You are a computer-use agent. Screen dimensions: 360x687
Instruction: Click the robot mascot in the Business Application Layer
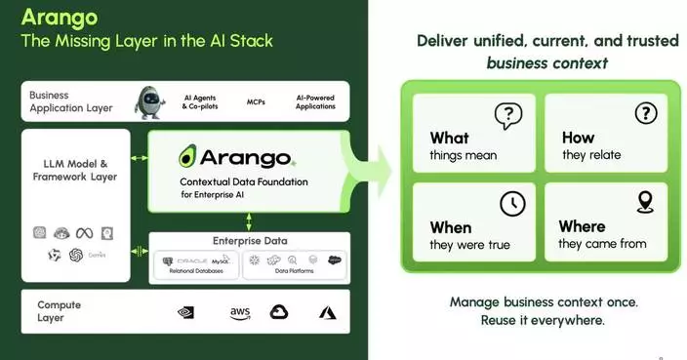pyautogui.click(x=148, y=100)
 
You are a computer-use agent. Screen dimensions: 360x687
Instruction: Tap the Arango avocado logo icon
pyautogui.click(x=189, y=156)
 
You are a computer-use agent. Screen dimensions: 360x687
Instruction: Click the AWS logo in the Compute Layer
pyautogui.click(x=240, y=312)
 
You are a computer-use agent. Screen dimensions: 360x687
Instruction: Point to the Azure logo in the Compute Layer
pyautogui.click(x=327, y=312)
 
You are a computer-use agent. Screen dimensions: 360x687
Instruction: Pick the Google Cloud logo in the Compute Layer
pyautogui.click(x=280, y=312)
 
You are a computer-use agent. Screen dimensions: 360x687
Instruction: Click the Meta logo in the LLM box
pyautogui.click(x=85, y=232)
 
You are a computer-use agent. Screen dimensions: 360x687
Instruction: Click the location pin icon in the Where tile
pyautogui.click(x=644, y=202)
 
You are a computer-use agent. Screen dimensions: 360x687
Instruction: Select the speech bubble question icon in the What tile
pyautogui.click(x=508, y=115)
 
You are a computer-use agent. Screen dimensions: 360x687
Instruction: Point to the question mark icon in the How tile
pyautogui.click(x=645, y=114)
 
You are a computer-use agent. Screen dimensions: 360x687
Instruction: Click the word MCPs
pyautogui.click(x=256, y=101)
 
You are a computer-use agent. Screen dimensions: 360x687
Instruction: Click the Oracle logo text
pyautogui.click(x=193, y=261)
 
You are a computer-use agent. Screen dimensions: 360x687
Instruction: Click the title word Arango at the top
pyautogui.click(x=60, y=17)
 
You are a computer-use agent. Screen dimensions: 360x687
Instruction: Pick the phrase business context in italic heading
pyautogui.click(x=546, y=63)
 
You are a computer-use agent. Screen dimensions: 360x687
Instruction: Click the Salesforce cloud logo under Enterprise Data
pyautogui.click(x=334, y=260)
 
